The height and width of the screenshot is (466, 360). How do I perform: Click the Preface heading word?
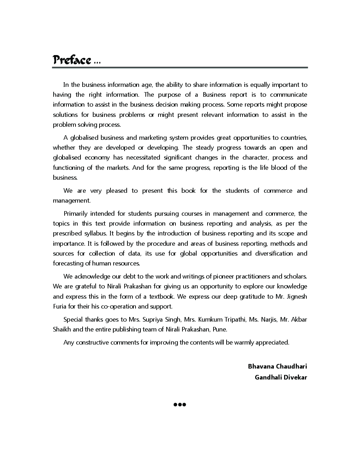72,60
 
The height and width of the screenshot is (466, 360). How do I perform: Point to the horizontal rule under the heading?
180,67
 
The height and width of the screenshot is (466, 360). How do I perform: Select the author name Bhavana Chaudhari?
277,366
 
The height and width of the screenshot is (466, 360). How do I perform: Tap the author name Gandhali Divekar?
281,377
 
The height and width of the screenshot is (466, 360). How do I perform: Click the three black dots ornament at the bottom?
180,405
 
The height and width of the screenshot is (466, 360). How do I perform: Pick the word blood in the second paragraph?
279,168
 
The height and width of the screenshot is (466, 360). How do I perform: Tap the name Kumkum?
210,319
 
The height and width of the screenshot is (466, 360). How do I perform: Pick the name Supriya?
154,319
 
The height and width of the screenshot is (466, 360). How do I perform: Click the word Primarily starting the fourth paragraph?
75,214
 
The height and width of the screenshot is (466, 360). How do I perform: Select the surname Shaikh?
62,329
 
